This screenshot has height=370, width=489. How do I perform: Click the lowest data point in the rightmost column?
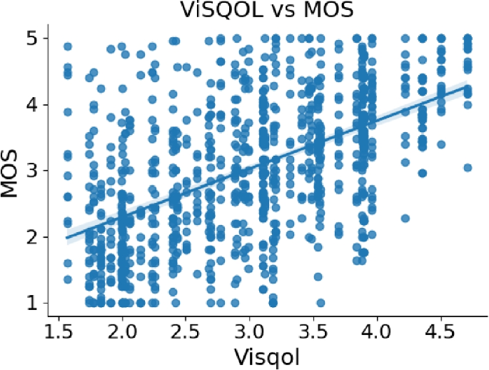pos(468,168)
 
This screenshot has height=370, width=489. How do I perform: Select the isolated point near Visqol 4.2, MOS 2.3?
pos(405,218)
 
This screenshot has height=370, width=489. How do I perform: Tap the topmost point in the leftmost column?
pos(68,46)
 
